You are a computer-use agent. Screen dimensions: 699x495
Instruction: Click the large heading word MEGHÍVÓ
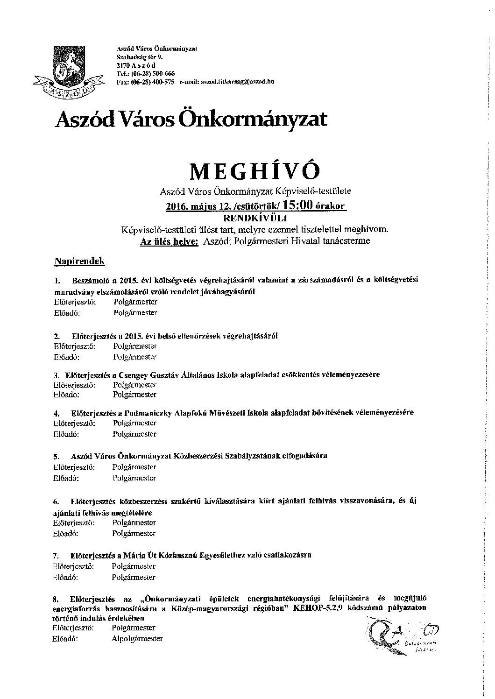255,171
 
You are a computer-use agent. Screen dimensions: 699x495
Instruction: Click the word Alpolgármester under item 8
137,638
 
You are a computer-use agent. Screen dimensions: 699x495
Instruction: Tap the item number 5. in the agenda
57,456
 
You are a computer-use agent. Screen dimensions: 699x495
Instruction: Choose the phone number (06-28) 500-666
151,74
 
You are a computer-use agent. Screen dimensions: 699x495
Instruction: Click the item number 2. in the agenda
57,336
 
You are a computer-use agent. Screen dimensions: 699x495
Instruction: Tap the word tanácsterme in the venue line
349,241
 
